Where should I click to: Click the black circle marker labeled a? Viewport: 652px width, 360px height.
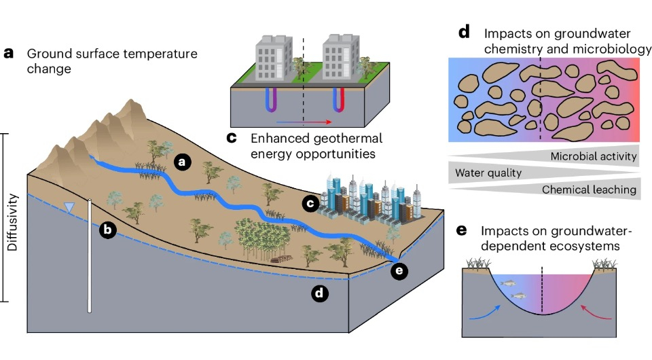click(x=182, y=162)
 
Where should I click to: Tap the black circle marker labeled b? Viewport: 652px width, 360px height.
click(x=108, y=230)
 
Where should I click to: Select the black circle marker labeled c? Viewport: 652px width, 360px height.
click(x=310, y=203)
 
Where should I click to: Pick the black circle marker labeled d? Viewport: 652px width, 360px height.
click(x=319, y=293)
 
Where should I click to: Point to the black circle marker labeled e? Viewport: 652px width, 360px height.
click(x=399, y=271)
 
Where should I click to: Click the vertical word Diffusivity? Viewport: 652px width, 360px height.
click(x=12, y=222)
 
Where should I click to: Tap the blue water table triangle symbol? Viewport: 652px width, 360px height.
click(x=69, y=207)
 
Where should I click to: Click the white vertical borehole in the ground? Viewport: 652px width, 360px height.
click(x=90, y=255)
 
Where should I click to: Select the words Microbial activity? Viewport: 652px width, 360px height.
click(x=594, y=156)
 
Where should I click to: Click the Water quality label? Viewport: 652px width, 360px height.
click(x=488, y=173)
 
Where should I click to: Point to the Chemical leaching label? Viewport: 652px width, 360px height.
click(x=589, y=190)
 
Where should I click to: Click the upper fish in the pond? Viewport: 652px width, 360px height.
click(x=508, y=283)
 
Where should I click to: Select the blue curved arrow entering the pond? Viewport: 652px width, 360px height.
click(x=486, y=312)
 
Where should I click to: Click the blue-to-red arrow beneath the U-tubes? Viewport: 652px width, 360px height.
click(x=304, y=122)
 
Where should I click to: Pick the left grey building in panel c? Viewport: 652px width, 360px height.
click(x=274, y=58)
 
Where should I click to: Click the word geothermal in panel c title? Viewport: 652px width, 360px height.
click(x=334, y=139)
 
